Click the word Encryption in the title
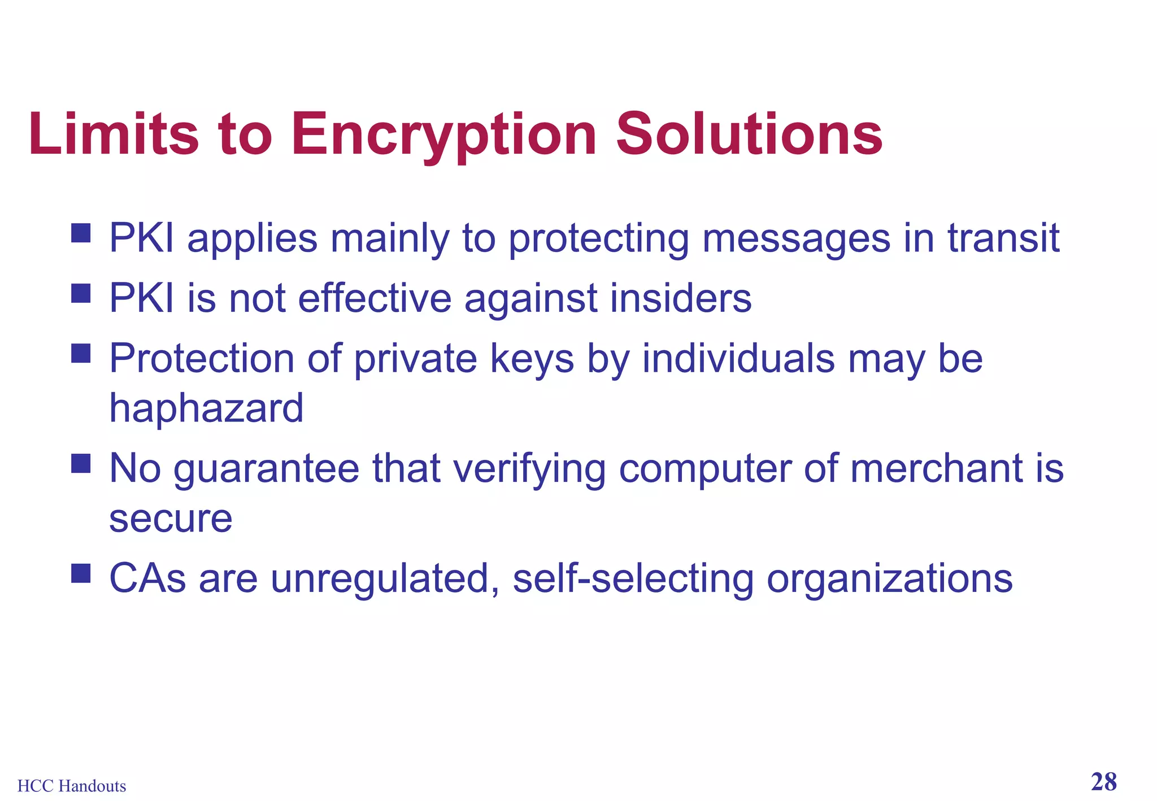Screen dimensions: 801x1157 click(443, 136)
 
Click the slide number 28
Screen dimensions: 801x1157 click(1103, 782)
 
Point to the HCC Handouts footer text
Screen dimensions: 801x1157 click(72, 786)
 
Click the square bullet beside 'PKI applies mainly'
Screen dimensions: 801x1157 click(81, 233)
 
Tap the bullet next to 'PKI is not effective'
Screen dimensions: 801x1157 click(81, 293)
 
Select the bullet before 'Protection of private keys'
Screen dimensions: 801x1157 click(81, 354)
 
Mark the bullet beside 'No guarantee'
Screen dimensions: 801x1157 click(81, 464)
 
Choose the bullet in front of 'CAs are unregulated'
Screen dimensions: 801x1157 click(81, 573)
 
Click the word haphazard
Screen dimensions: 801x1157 click(206, 408)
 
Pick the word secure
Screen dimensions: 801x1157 click(171, 519)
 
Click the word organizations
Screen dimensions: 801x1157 click(889, 579)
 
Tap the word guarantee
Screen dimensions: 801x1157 click(266, 470)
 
